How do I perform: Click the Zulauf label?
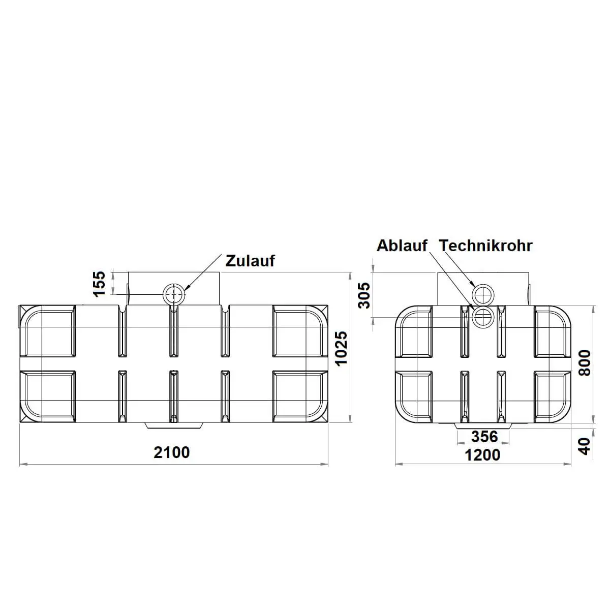[x=250, y=261]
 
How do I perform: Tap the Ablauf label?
[x=402, y=246]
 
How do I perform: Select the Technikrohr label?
[x=486, y=246]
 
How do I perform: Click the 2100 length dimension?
[x=172, y=452]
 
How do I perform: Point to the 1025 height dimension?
[x=341, y=349]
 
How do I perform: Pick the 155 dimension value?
[x=99, y=284]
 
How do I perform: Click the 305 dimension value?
[x=364, y=296]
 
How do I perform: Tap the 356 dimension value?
[x=484, y=437]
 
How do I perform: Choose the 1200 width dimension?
[x=482, y=455]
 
